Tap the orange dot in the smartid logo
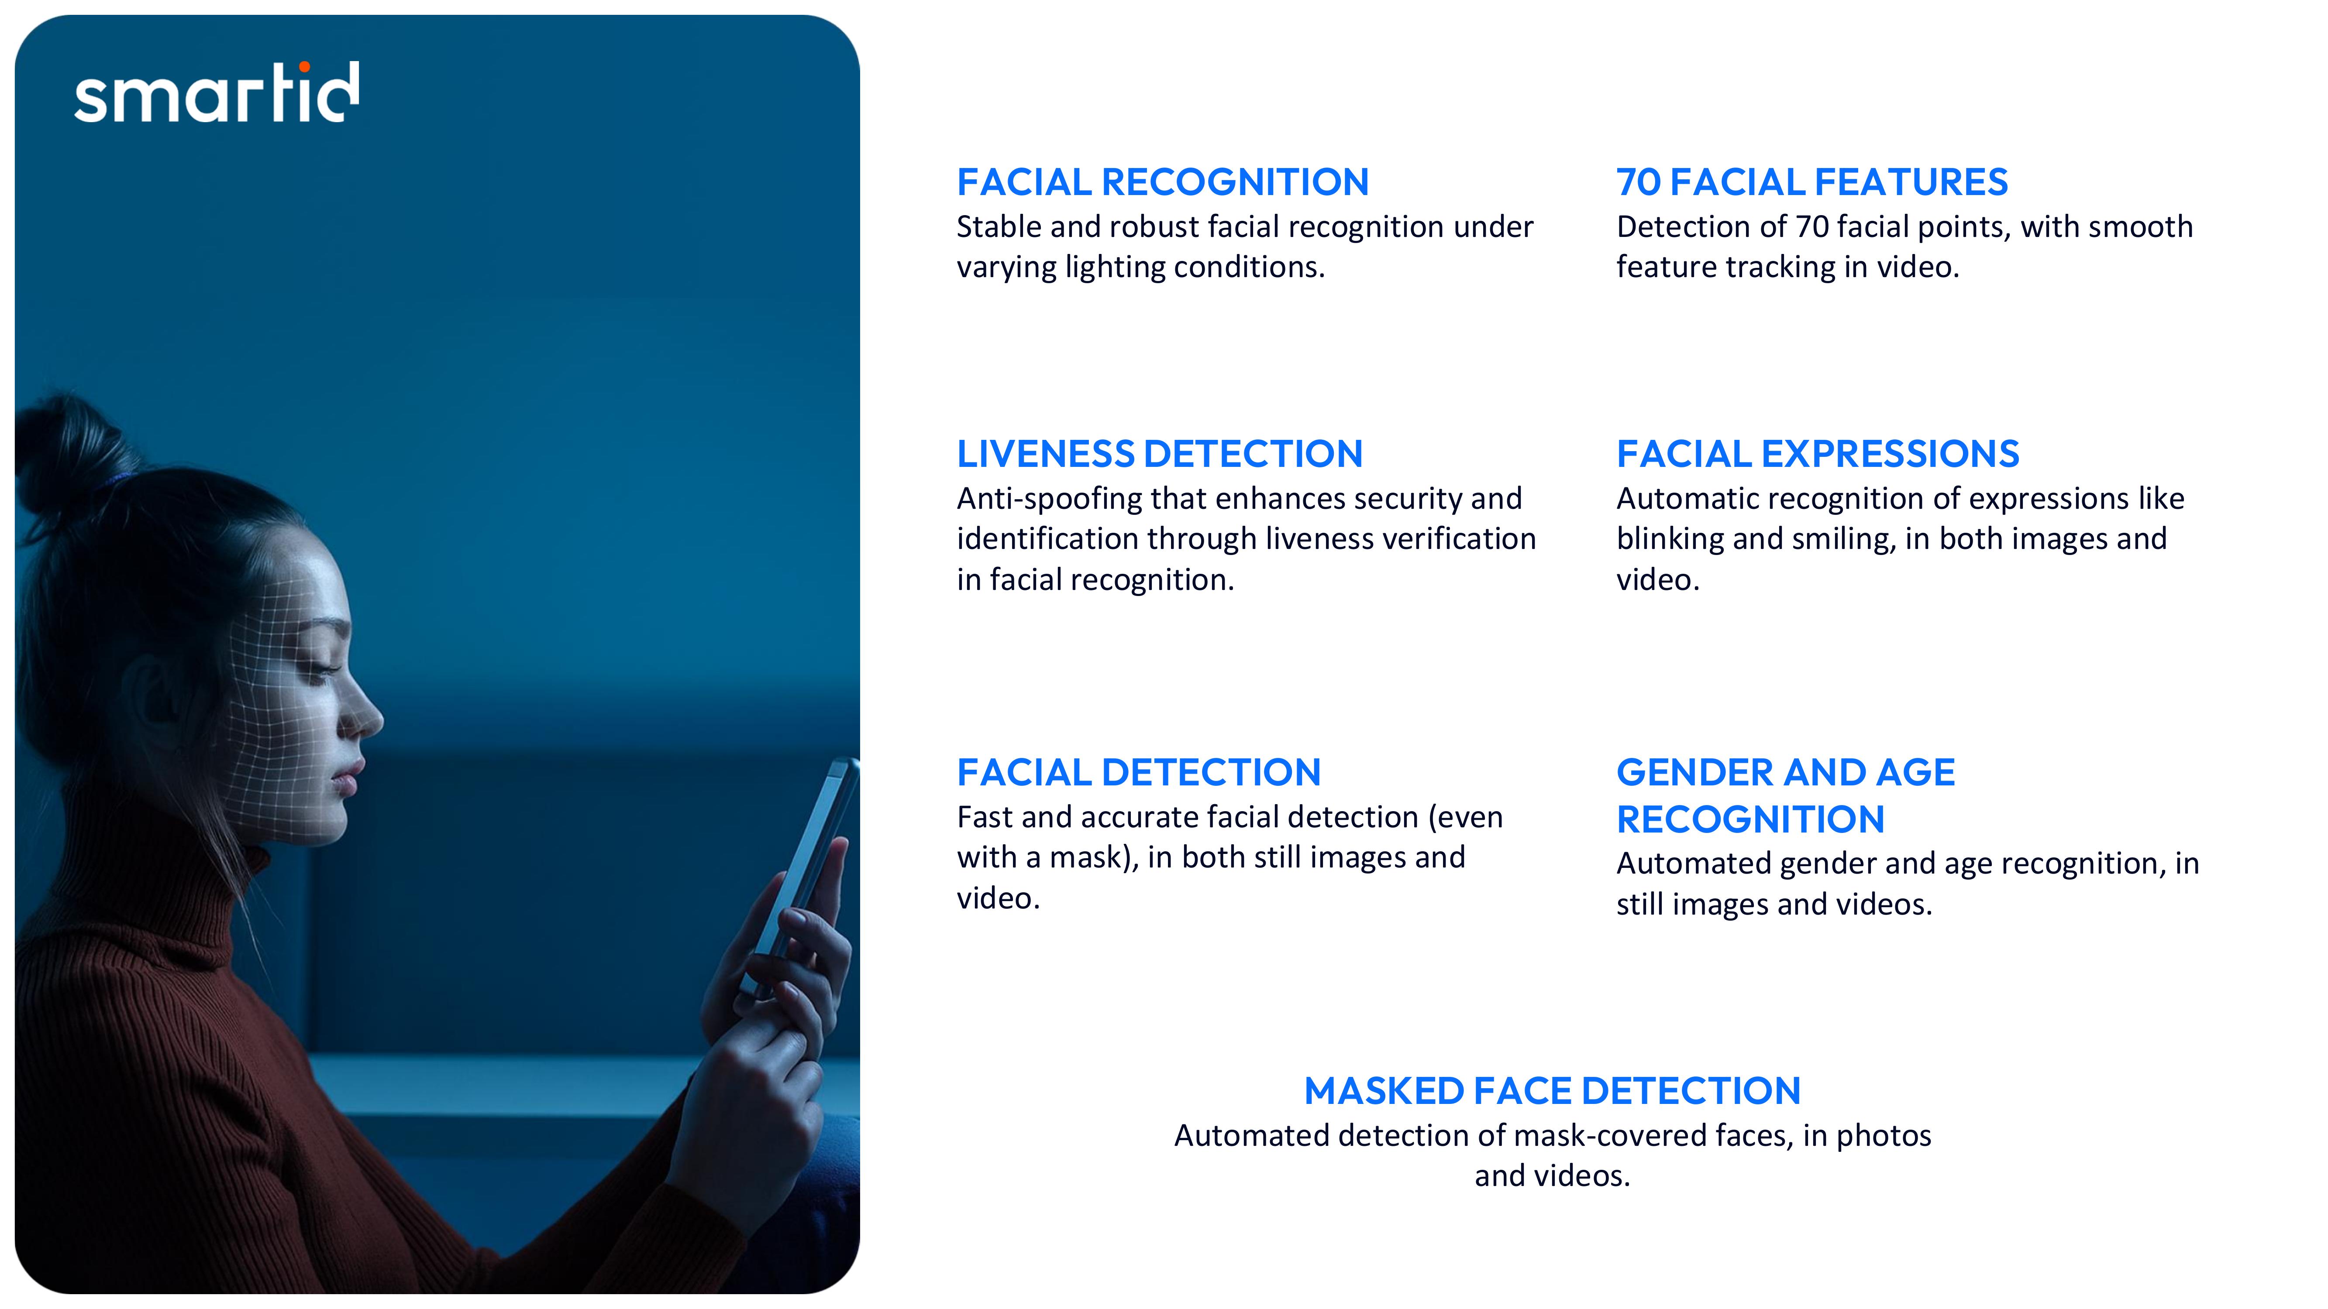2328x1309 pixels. click(x=305, y=66)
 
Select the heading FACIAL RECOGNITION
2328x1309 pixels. click(x=1162, y=182)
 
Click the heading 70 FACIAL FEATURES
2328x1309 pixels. click(x=1812, y=182)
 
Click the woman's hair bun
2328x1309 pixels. click(x=68, y=452)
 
